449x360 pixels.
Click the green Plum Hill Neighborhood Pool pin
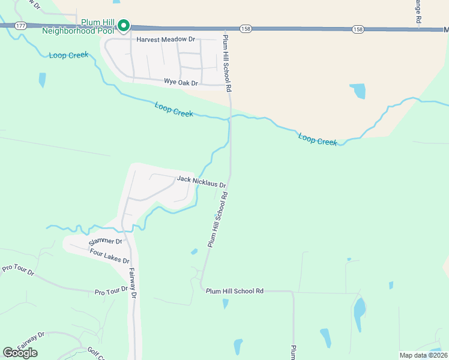coord(124,26)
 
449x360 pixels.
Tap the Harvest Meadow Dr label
coord(166,40)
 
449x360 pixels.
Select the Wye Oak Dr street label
coord(181,82)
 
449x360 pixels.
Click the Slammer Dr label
coord(105,242)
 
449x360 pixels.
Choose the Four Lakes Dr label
coord(109,257)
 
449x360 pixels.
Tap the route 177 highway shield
coord(22,26)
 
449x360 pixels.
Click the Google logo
coord(20,352)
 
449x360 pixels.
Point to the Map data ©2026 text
coord(424,355)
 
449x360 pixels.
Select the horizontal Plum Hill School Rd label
coord(235,291)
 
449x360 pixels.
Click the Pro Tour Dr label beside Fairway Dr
coord(112,291)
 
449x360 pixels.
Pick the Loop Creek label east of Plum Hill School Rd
coord(318,140)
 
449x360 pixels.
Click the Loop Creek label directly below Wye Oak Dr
coord(174,109)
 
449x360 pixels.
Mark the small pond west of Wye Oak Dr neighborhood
coord(42,79)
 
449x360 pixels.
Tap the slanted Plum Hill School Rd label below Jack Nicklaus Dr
coord(218,219)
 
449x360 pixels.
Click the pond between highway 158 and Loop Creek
coord(358,91)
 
